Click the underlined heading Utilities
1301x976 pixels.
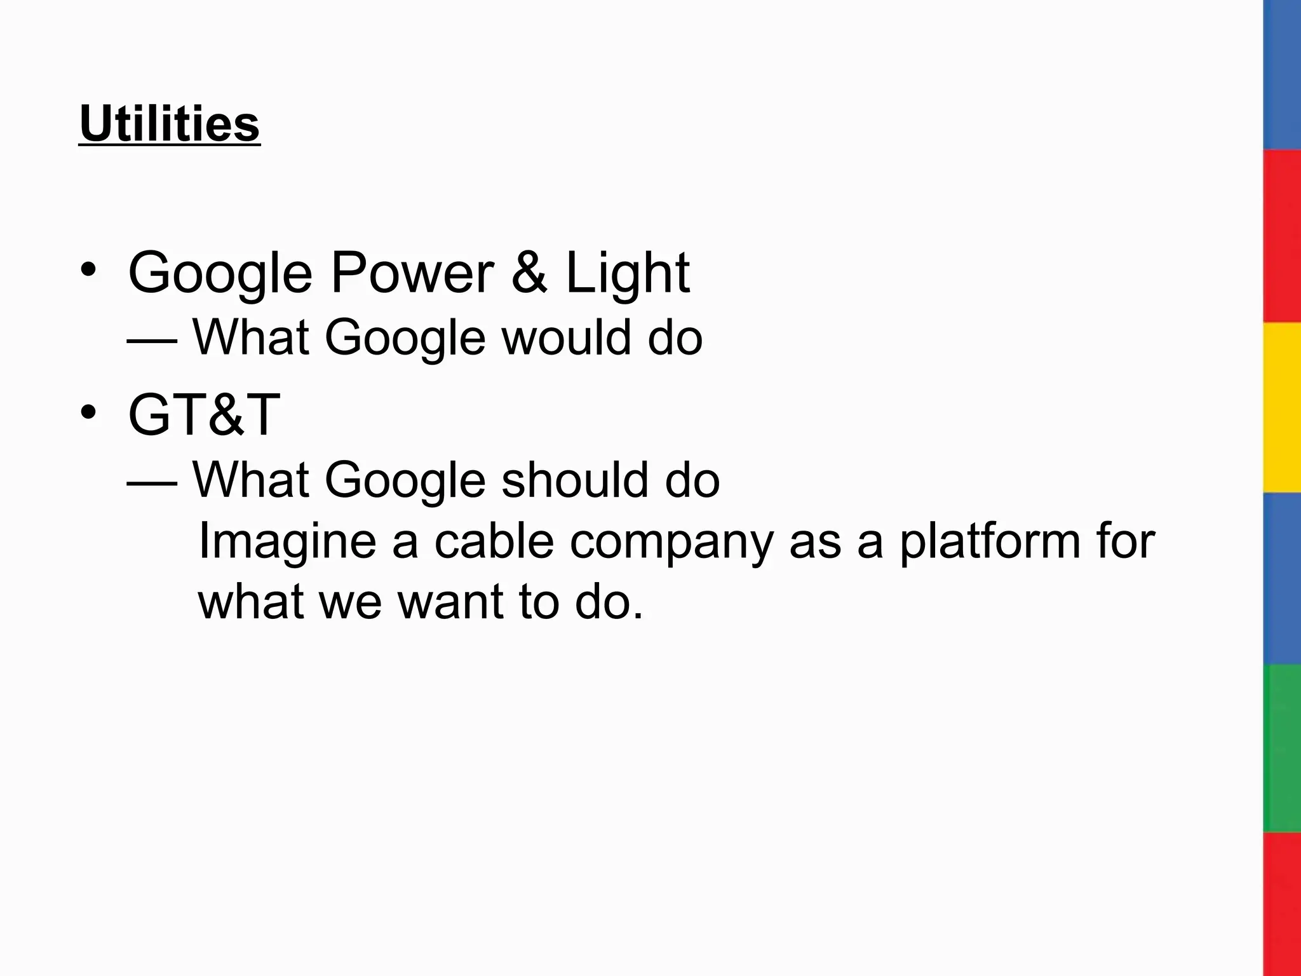(170, 124)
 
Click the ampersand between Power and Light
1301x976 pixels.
(529, 273)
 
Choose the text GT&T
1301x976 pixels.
(204, 415)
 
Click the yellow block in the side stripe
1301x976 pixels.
(1282, 407)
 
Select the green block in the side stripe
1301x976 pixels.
(1282, 749)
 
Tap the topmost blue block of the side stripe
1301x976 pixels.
(1282, 75)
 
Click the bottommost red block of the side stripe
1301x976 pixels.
(1282, 904)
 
